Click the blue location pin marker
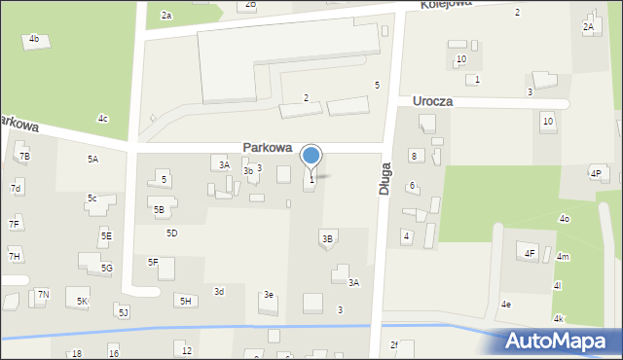point(311,156)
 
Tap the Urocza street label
point(432,101)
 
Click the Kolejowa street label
point(446,4)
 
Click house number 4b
point(34,39)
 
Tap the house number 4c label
point(102,119)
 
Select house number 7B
point(24,156)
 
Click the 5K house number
point(83,302)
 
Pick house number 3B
point(327,238)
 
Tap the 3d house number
point(219,291)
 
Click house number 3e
point(269,295)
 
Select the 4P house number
point(595,173)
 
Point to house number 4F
point(530,254)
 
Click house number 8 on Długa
point(413,156)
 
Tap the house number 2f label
point(394,344)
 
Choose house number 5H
point(185,301)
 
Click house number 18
point(76,353)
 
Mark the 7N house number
point(43,294)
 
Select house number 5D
point(171,234)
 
